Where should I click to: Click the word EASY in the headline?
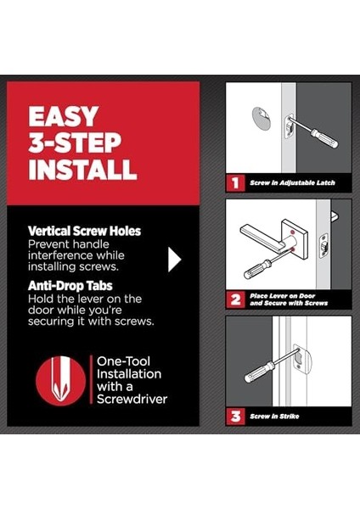[x=63, y=116]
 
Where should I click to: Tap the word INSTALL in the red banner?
[x=82, y=169]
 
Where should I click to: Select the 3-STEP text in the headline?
[x=75, y=143]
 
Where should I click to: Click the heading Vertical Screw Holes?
[x=84, y=231]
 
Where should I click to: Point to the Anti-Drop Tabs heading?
[x=70, y=286]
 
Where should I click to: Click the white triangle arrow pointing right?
[x=174, y=260]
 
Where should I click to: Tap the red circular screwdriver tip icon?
[x=61, y=381]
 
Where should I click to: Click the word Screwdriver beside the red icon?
[x=132, y=399]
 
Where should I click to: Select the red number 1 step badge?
[x=235, y=182]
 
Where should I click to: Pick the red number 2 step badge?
[x=235, y=299]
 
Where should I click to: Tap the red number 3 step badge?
[x=235, y=417]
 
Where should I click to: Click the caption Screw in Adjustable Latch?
[x=292, y=182]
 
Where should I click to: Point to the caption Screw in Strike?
[x=274, y=417]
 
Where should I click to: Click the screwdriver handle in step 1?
[x=324, y=138]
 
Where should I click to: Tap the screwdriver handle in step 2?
[x=257, y=270]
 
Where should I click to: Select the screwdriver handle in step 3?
[x=259, y=372]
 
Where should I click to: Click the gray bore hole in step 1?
[x=261, y=117]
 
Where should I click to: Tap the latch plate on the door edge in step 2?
[x=323, y=246]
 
